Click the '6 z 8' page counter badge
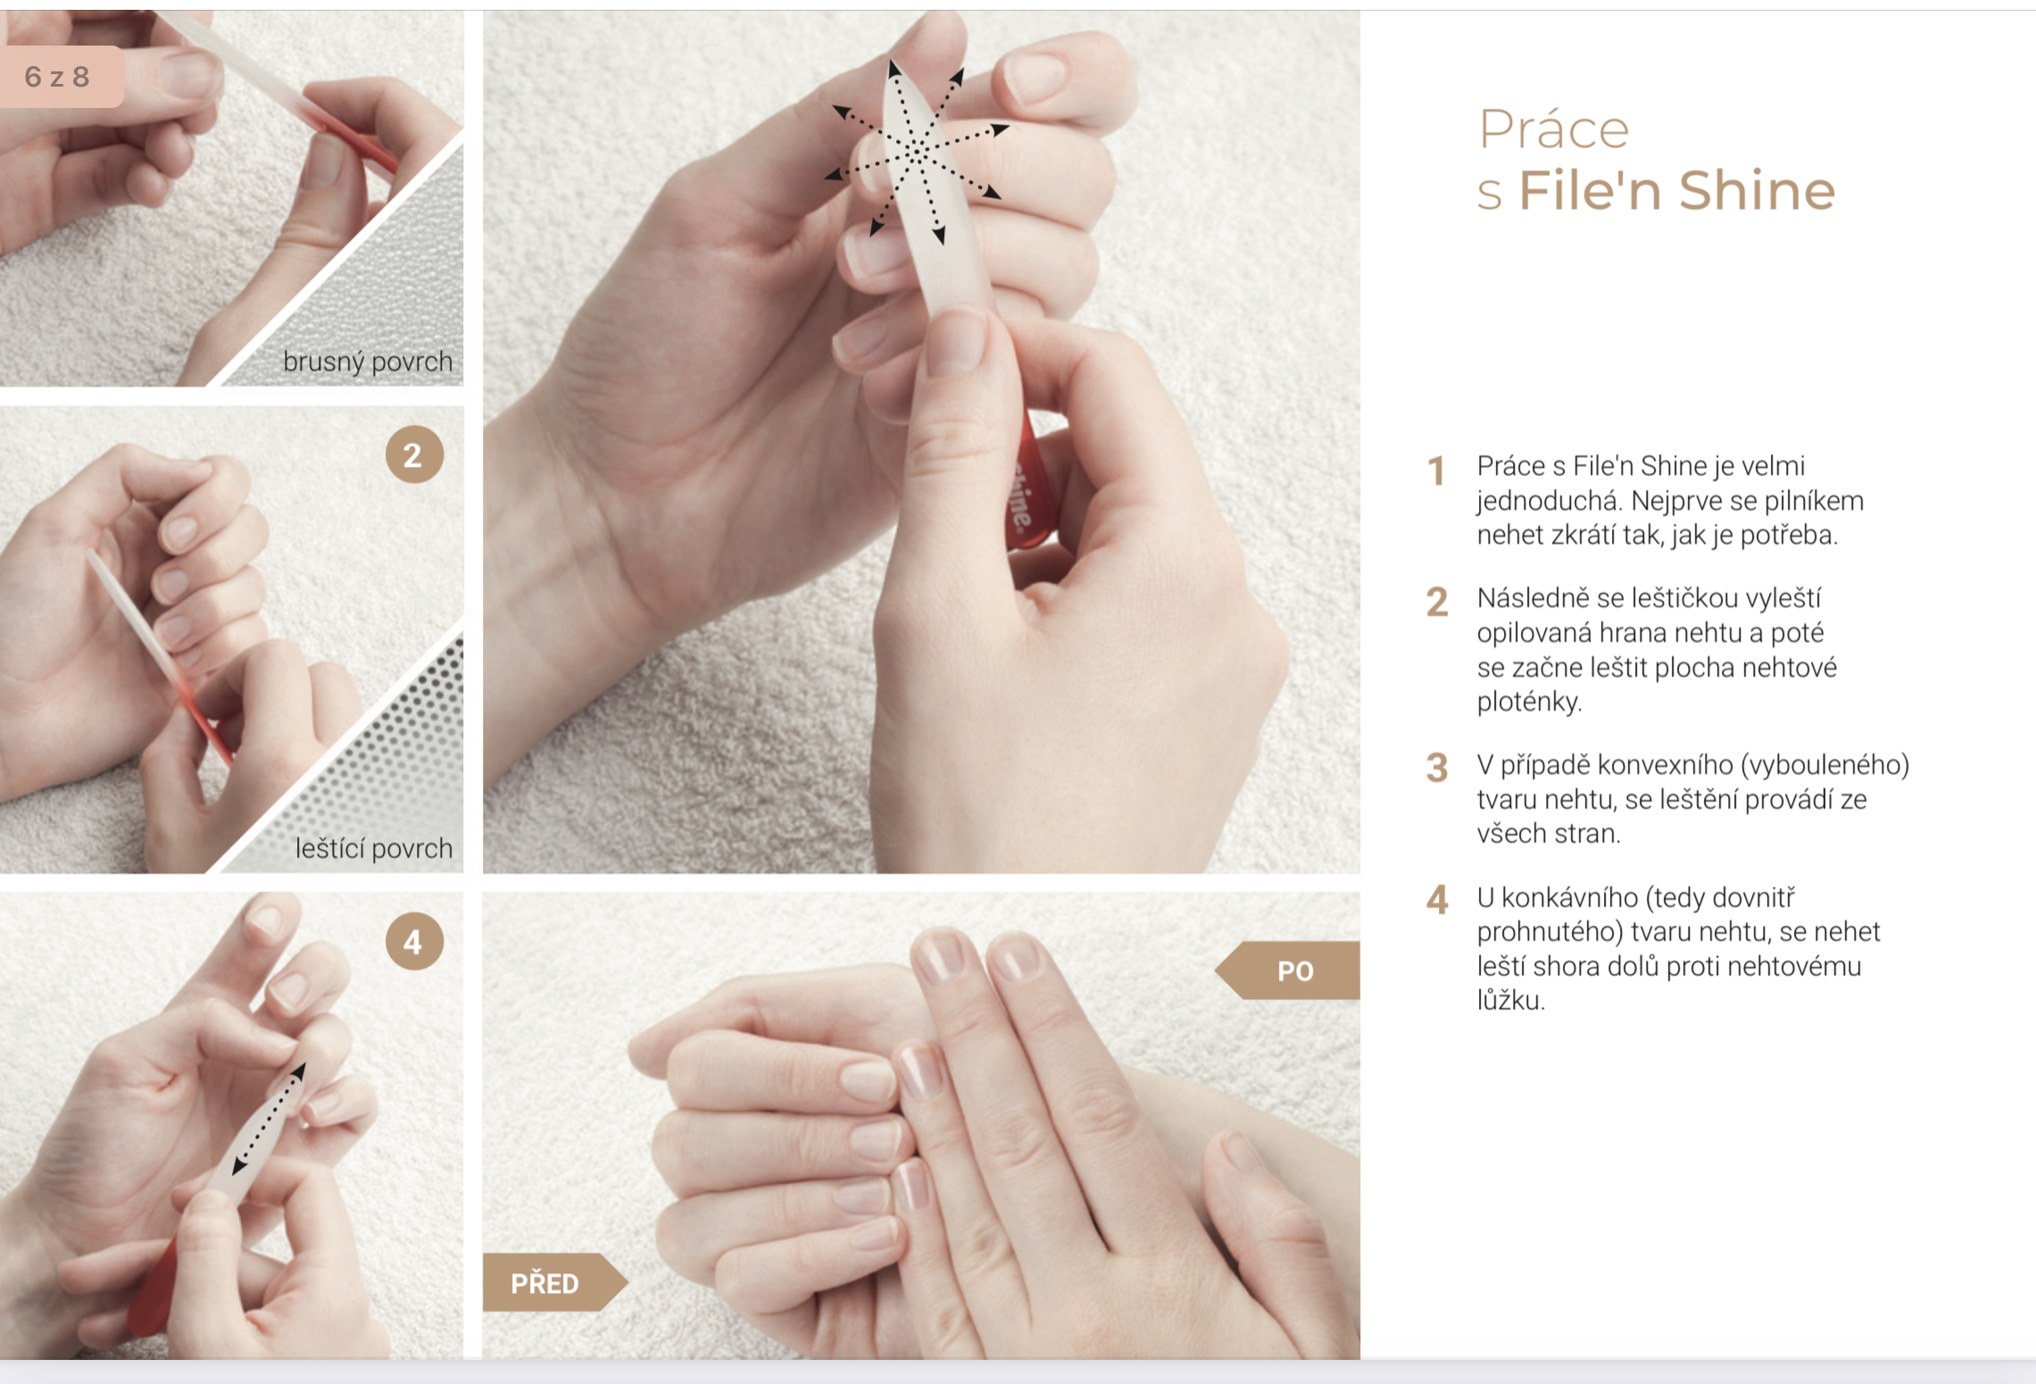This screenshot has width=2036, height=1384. (x=59, y=77)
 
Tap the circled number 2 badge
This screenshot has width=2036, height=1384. (x=414, y=454)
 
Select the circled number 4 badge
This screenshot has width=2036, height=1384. (x=414, y=941)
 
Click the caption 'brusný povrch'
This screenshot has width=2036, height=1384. (x=368, y=362)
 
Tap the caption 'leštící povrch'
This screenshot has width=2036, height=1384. (x=374, y=848)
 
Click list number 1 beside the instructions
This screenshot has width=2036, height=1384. (x=1436, y=471)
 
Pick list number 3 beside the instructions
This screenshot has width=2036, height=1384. (x=1436, y=768)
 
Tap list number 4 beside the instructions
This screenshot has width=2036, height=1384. (x=1437, y=900)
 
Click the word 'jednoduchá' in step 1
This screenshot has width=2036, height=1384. (x=1547, y=501)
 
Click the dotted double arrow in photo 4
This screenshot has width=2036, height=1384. (x=269, y=1118)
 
